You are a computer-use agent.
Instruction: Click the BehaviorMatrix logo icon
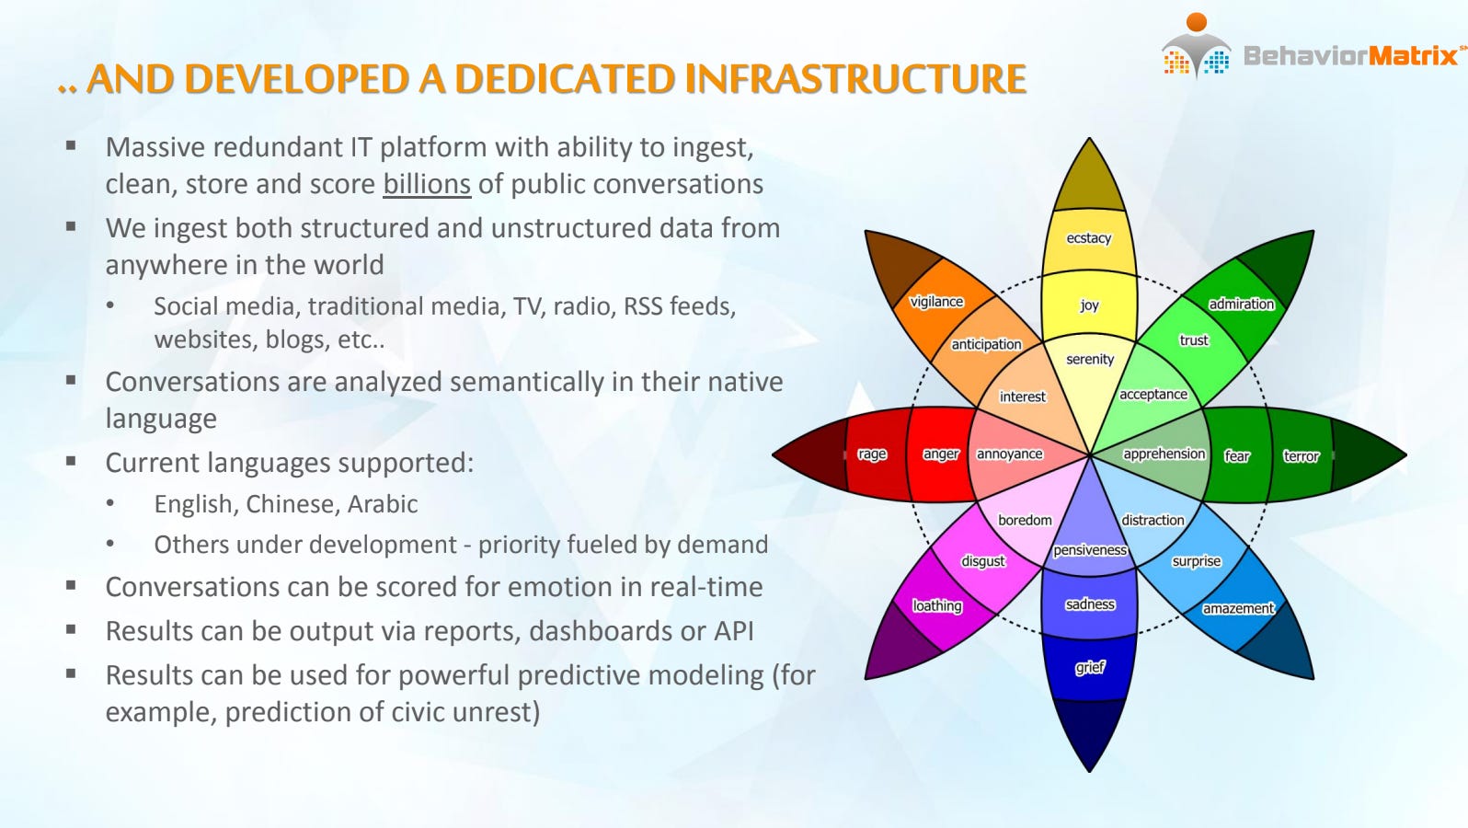[x=1197, y=46]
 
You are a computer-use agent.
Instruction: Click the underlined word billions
[x=427, y=184]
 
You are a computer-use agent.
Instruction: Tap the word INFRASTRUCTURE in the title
[x=855, y=79]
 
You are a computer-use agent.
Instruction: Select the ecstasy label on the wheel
[x=1088, y=238]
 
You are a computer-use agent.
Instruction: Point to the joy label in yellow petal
[x=1089, y=305]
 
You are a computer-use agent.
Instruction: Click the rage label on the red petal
[x=872, y=454]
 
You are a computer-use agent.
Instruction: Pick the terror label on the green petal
[x=1301, y=455]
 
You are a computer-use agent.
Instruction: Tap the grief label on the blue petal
[x=1090, y=667]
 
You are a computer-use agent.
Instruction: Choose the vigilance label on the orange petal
[x=936, y=302]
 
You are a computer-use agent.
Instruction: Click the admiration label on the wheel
[x=1241, y=304]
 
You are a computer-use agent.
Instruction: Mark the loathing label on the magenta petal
[x=937, y=605]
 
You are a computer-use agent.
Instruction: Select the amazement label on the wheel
[x=1238, y=608]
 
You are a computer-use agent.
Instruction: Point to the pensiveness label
[x=1090, y=550]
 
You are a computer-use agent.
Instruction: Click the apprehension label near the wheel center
[x=1164, y=454]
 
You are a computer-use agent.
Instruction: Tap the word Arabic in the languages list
[x=383, y=504]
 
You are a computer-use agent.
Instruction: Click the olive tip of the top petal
[x=1089, y=177]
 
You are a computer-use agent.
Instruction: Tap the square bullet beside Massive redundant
[x=72, y=145]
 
